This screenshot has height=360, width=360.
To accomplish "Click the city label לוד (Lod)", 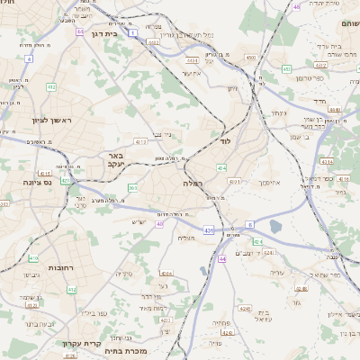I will tap(224, 142).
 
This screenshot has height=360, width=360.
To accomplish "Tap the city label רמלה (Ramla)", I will tap(193, 183).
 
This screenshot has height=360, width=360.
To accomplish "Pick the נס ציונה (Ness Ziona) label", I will tap(19, 181).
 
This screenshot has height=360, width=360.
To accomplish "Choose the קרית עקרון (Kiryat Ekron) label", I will tap(78, 343).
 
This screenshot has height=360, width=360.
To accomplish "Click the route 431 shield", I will tap(208, 230).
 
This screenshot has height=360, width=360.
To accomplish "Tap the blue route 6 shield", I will tap(249, 224).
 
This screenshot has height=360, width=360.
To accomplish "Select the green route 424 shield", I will tap(258, 241).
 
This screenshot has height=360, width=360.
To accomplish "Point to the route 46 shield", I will tap(296, 6).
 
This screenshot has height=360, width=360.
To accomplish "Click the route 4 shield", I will tap(28, 58).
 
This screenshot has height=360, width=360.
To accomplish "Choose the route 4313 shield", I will tap(140, 141).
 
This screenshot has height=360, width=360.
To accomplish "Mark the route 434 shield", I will tap(221, 166).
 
